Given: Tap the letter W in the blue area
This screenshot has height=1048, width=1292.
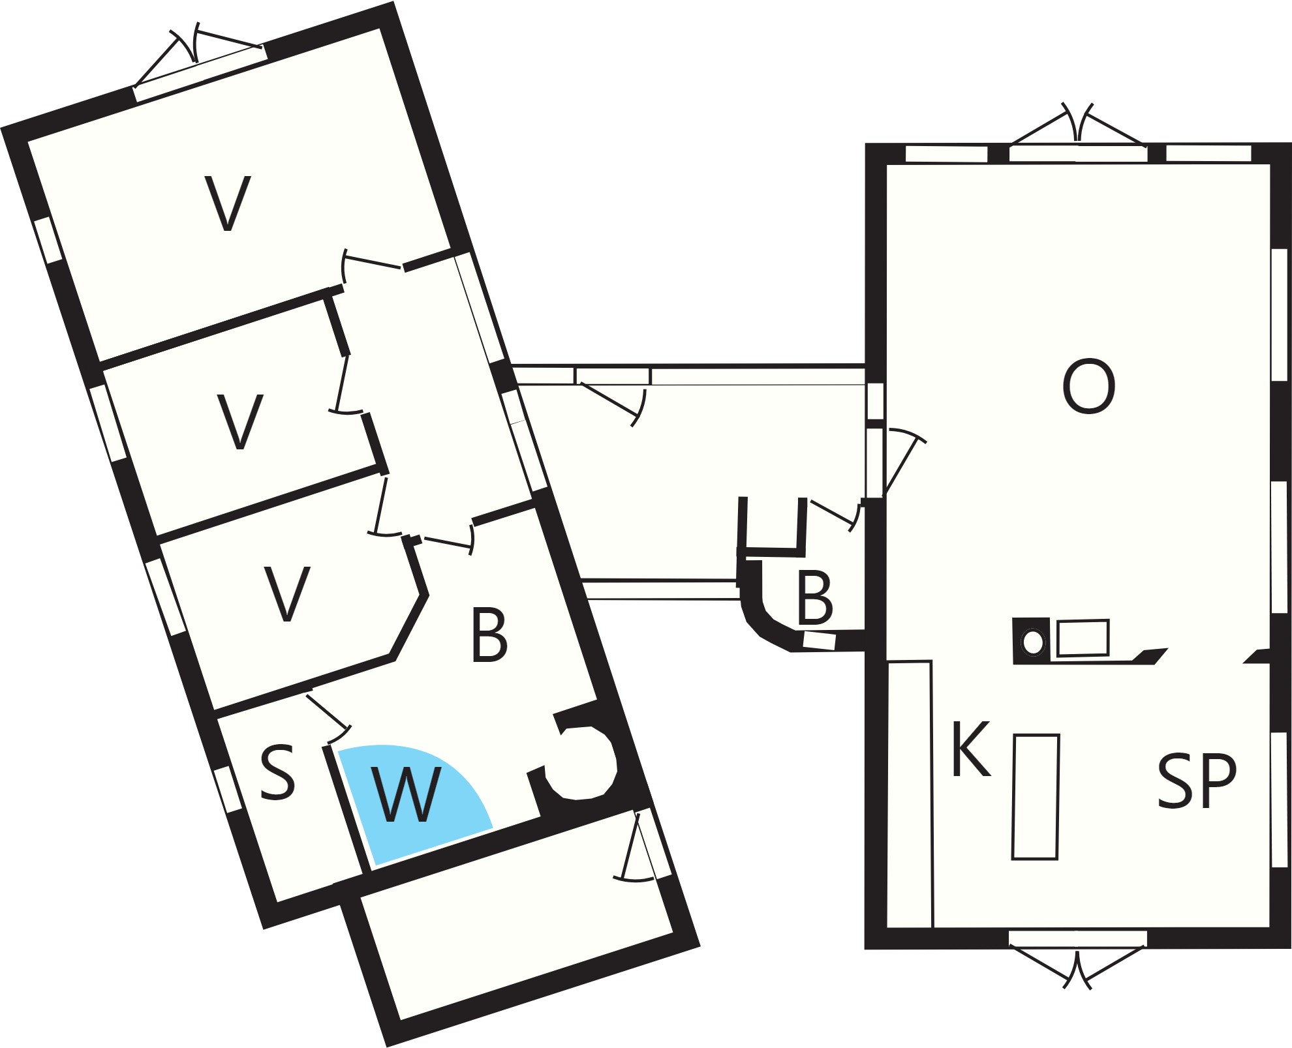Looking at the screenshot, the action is point(405,794).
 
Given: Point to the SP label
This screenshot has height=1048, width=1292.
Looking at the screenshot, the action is point(1197,781).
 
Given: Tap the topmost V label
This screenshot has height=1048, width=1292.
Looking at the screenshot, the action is point(228,203).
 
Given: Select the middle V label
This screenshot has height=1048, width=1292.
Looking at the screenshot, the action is point(239,421).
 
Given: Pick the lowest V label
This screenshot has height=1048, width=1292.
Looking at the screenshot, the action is point(286,593).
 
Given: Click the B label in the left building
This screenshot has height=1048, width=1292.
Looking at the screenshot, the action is point(489,635).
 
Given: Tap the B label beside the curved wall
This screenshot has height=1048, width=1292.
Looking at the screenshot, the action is point(815,597).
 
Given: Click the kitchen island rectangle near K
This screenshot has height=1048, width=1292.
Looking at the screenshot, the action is point(1036,797).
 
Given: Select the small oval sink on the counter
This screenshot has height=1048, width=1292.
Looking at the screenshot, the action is point(1033,642).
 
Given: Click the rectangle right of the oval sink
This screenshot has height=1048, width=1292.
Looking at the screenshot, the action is point(1083,638).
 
